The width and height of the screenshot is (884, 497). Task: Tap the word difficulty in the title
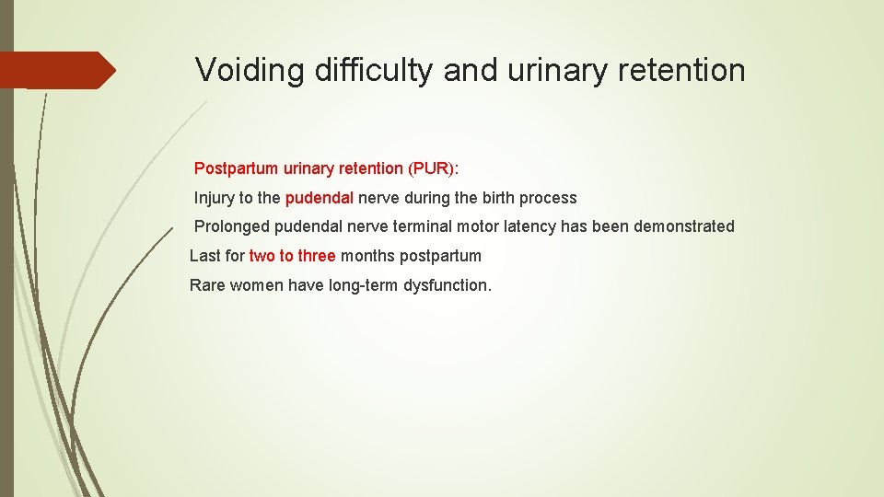(x=372, y=70)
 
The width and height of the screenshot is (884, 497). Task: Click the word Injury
(x=215, y=198)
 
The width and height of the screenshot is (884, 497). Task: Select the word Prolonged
(x=230, y=226)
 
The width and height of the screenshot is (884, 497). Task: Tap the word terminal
(x=422, y=226)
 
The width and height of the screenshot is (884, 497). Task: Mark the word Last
(x=204, y=256)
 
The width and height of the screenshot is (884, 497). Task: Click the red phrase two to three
(x=292, y=256)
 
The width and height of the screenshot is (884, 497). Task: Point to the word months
(x=367, y=256)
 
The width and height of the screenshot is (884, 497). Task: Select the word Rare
(x=206, y=285)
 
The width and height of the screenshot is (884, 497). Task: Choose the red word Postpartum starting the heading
(x=234, y=168)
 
